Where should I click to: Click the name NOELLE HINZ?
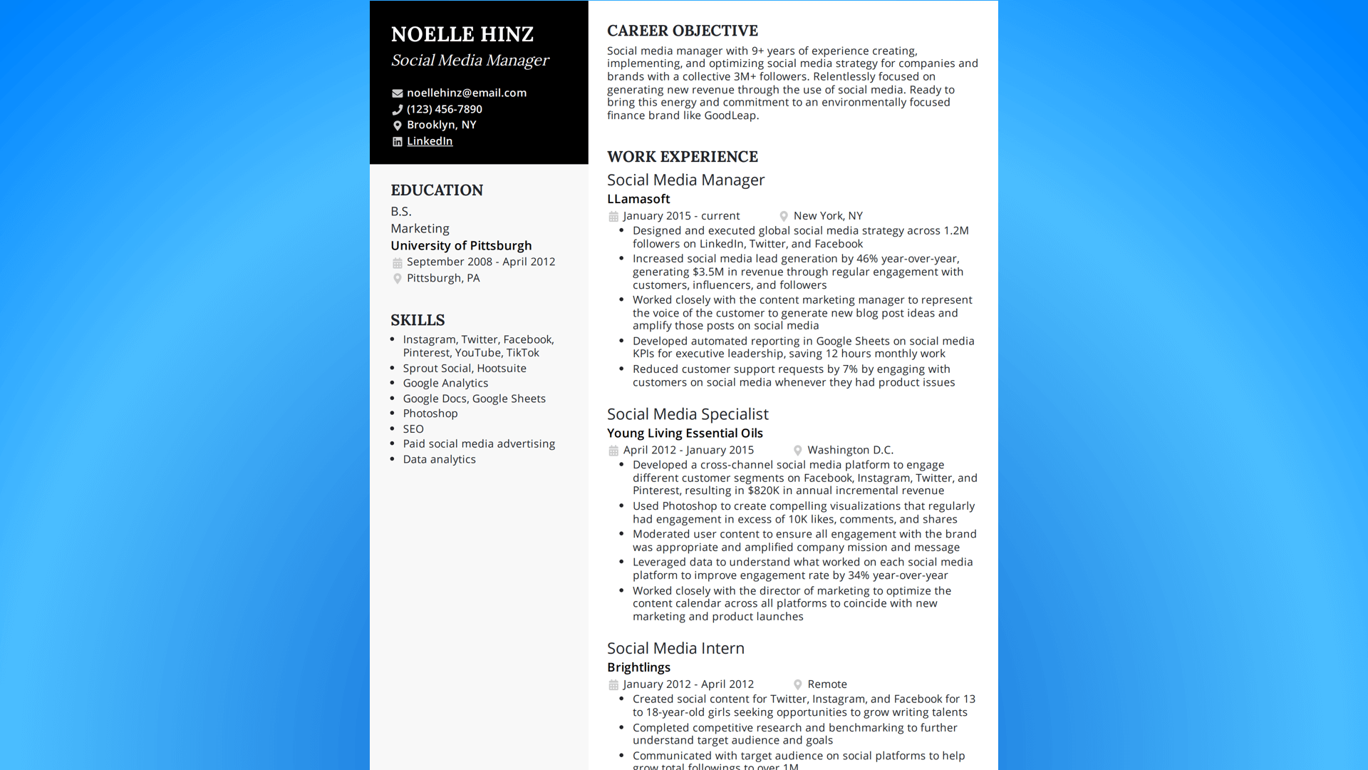[x=462, y=34]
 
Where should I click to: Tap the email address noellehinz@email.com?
[x=466, y=93]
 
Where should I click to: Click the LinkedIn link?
[x=430, y=141]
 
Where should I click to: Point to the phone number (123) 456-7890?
[x=444, y=109]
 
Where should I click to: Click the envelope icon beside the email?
[x=397, y=93]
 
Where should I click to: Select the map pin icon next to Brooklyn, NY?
[x=397, y=125]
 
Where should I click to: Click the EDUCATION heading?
[x=437, y=190]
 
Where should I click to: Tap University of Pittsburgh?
[x=461, y=245]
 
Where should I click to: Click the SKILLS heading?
[x=418, y=320]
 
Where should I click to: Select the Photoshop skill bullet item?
[x=430, y=414]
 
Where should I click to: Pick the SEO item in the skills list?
[x=413, y=428]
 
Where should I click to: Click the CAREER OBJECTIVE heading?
[x=682, y=31]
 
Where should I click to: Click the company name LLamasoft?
[x=638, y=199]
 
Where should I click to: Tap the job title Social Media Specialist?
[x=688, y=414]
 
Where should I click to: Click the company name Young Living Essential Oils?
[x=685, y=433]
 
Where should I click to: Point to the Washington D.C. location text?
[x=850, y=450]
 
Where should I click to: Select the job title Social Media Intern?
[x=675, y=648]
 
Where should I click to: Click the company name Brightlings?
[x=638, y=667]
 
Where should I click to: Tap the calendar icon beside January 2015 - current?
[x=613, y=216]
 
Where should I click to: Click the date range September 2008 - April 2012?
[x=481, y=262]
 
